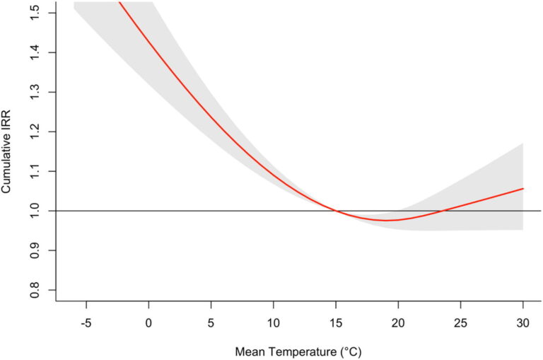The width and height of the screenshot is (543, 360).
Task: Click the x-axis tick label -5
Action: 86,323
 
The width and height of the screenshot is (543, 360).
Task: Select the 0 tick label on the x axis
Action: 148,323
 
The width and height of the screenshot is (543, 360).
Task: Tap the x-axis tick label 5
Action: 211,323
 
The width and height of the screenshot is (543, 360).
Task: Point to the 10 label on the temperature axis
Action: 274,323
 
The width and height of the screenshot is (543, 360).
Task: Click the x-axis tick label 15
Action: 336,323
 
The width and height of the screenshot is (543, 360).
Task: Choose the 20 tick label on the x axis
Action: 398,323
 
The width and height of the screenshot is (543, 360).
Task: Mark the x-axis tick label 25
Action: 461,323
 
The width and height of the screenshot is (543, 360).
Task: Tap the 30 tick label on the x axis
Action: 523,323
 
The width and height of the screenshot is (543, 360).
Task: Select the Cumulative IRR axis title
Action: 8,151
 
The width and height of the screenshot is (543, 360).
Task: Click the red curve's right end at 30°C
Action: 523,189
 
